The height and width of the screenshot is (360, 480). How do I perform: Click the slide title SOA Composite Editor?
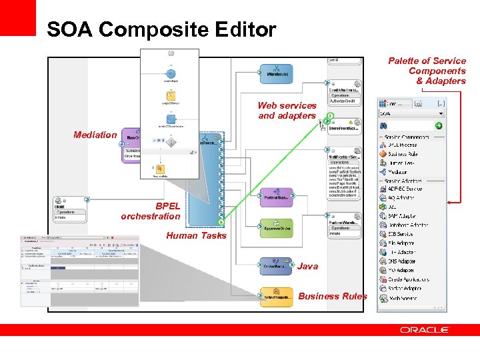tap(161, 30)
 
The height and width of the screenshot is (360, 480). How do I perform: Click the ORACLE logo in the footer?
tap(425, 330)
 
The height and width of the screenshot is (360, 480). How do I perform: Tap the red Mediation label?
tap(95, 135)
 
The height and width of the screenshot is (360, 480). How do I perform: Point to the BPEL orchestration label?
tap(151, 211)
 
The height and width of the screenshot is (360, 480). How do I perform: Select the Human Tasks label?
tap(196, 235)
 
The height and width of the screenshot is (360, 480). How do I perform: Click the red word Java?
tap(307, 266)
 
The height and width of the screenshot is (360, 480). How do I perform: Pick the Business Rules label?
tap(333, 296)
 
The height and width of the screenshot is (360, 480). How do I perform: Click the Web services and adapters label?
tap(287, 111)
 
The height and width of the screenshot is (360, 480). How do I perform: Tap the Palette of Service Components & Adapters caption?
tap(427, 71)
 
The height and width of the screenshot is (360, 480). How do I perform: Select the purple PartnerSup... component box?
tap(275, 198)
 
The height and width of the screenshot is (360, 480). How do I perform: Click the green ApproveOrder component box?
tap(276, 227)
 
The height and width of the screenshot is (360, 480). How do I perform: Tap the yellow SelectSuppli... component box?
tap(276, 297)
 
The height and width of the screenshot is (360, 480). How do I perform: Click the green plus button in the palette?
tap(439, 125)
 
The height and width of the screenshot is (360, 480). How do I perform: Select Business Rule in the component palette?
tap(403, 154)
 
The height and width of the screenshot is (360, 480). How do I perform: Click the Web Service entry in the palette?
tap(403, 298)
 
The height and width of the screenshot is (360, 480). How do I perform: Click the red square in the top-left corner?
tap(17, 17)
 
